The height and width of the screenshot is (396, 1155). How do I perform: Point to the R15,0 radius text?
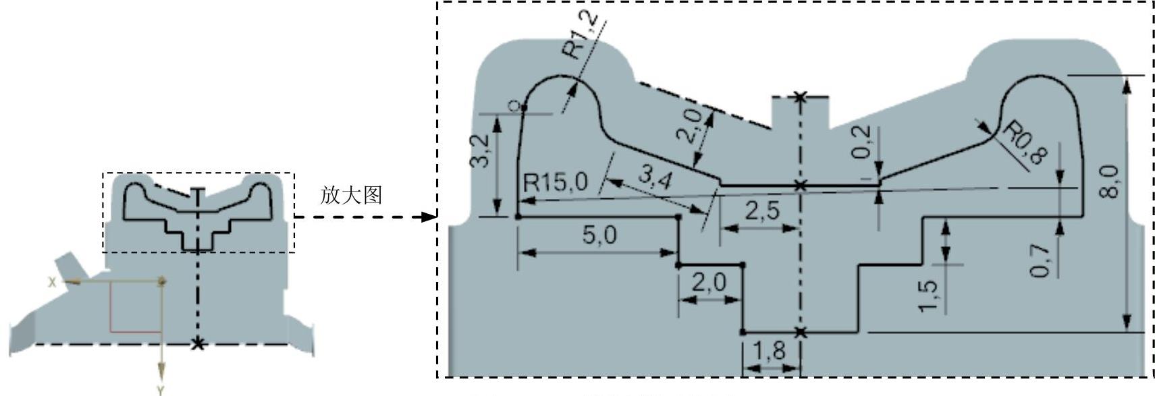pyautogui.click(x=556, y=182)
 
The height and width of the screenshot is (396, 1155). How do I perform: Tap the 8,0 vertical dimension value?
pyautogui.click(x=1111, y=181)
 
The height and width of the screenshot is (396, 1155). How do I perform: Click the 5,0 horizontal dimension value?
pyautogui.click(x=601, y=235)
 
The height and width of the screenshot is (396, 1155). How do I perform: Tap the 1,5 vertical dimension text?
pyautogui.click(x=930, y=295)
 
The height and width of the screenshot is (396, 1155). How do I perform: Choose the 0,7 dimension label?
pyautogui.click(x=1040, y=260)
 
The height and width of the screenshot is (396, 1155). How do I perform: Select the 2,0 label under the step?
pyautogui.click(x=708, y=281)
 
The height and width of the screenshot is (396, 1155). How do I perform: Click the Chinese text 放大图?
pyautogui.click(x=351, y=195)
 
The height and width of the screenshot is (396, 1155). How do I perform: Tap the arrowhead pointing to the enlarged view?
pyautogui.click(x=428, y=217)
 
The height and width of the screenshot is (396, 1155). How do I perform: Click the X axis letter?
pyautogui.click(x=51, y=283)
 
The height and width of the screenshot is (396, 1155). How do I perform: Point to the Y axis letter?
pyautogui.click(x=161, y=390)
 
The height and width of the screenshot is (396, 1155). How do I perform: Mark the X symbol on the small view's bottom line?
pyautogui.click(x=197, y=344)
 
